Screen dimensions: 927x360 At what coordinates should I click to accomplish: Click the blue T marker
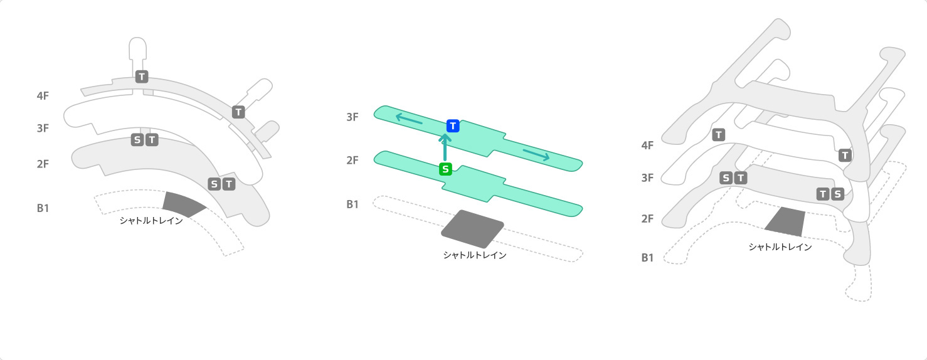coord(453,126)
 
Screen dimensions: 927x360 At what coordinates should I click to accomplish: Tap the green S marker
coord(446,169)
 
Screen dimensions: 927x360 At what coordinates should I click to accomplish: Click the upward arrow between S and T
coord(445,147)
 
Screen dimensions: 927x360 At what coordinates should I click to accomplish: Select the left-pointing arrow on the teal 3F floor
coord(409,119)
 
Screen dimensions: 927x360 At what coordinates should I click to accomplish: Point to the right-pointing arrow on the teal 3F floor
coord(536,155)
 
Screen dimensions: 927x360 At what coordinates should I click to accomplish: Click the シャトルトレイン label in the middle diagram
coord(475,255)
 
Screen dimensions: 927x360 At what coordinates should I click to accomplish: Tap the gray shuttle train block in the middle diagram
coord(473,230)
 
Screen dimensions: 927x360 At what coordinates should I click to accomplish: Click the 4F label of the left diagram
coord(43,96)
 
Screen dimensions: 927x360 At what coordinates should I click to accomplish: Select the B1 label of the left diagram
coord(43,208)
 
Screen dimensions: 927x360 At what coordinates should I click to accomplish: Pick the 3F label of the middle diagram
coord(352,117)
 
